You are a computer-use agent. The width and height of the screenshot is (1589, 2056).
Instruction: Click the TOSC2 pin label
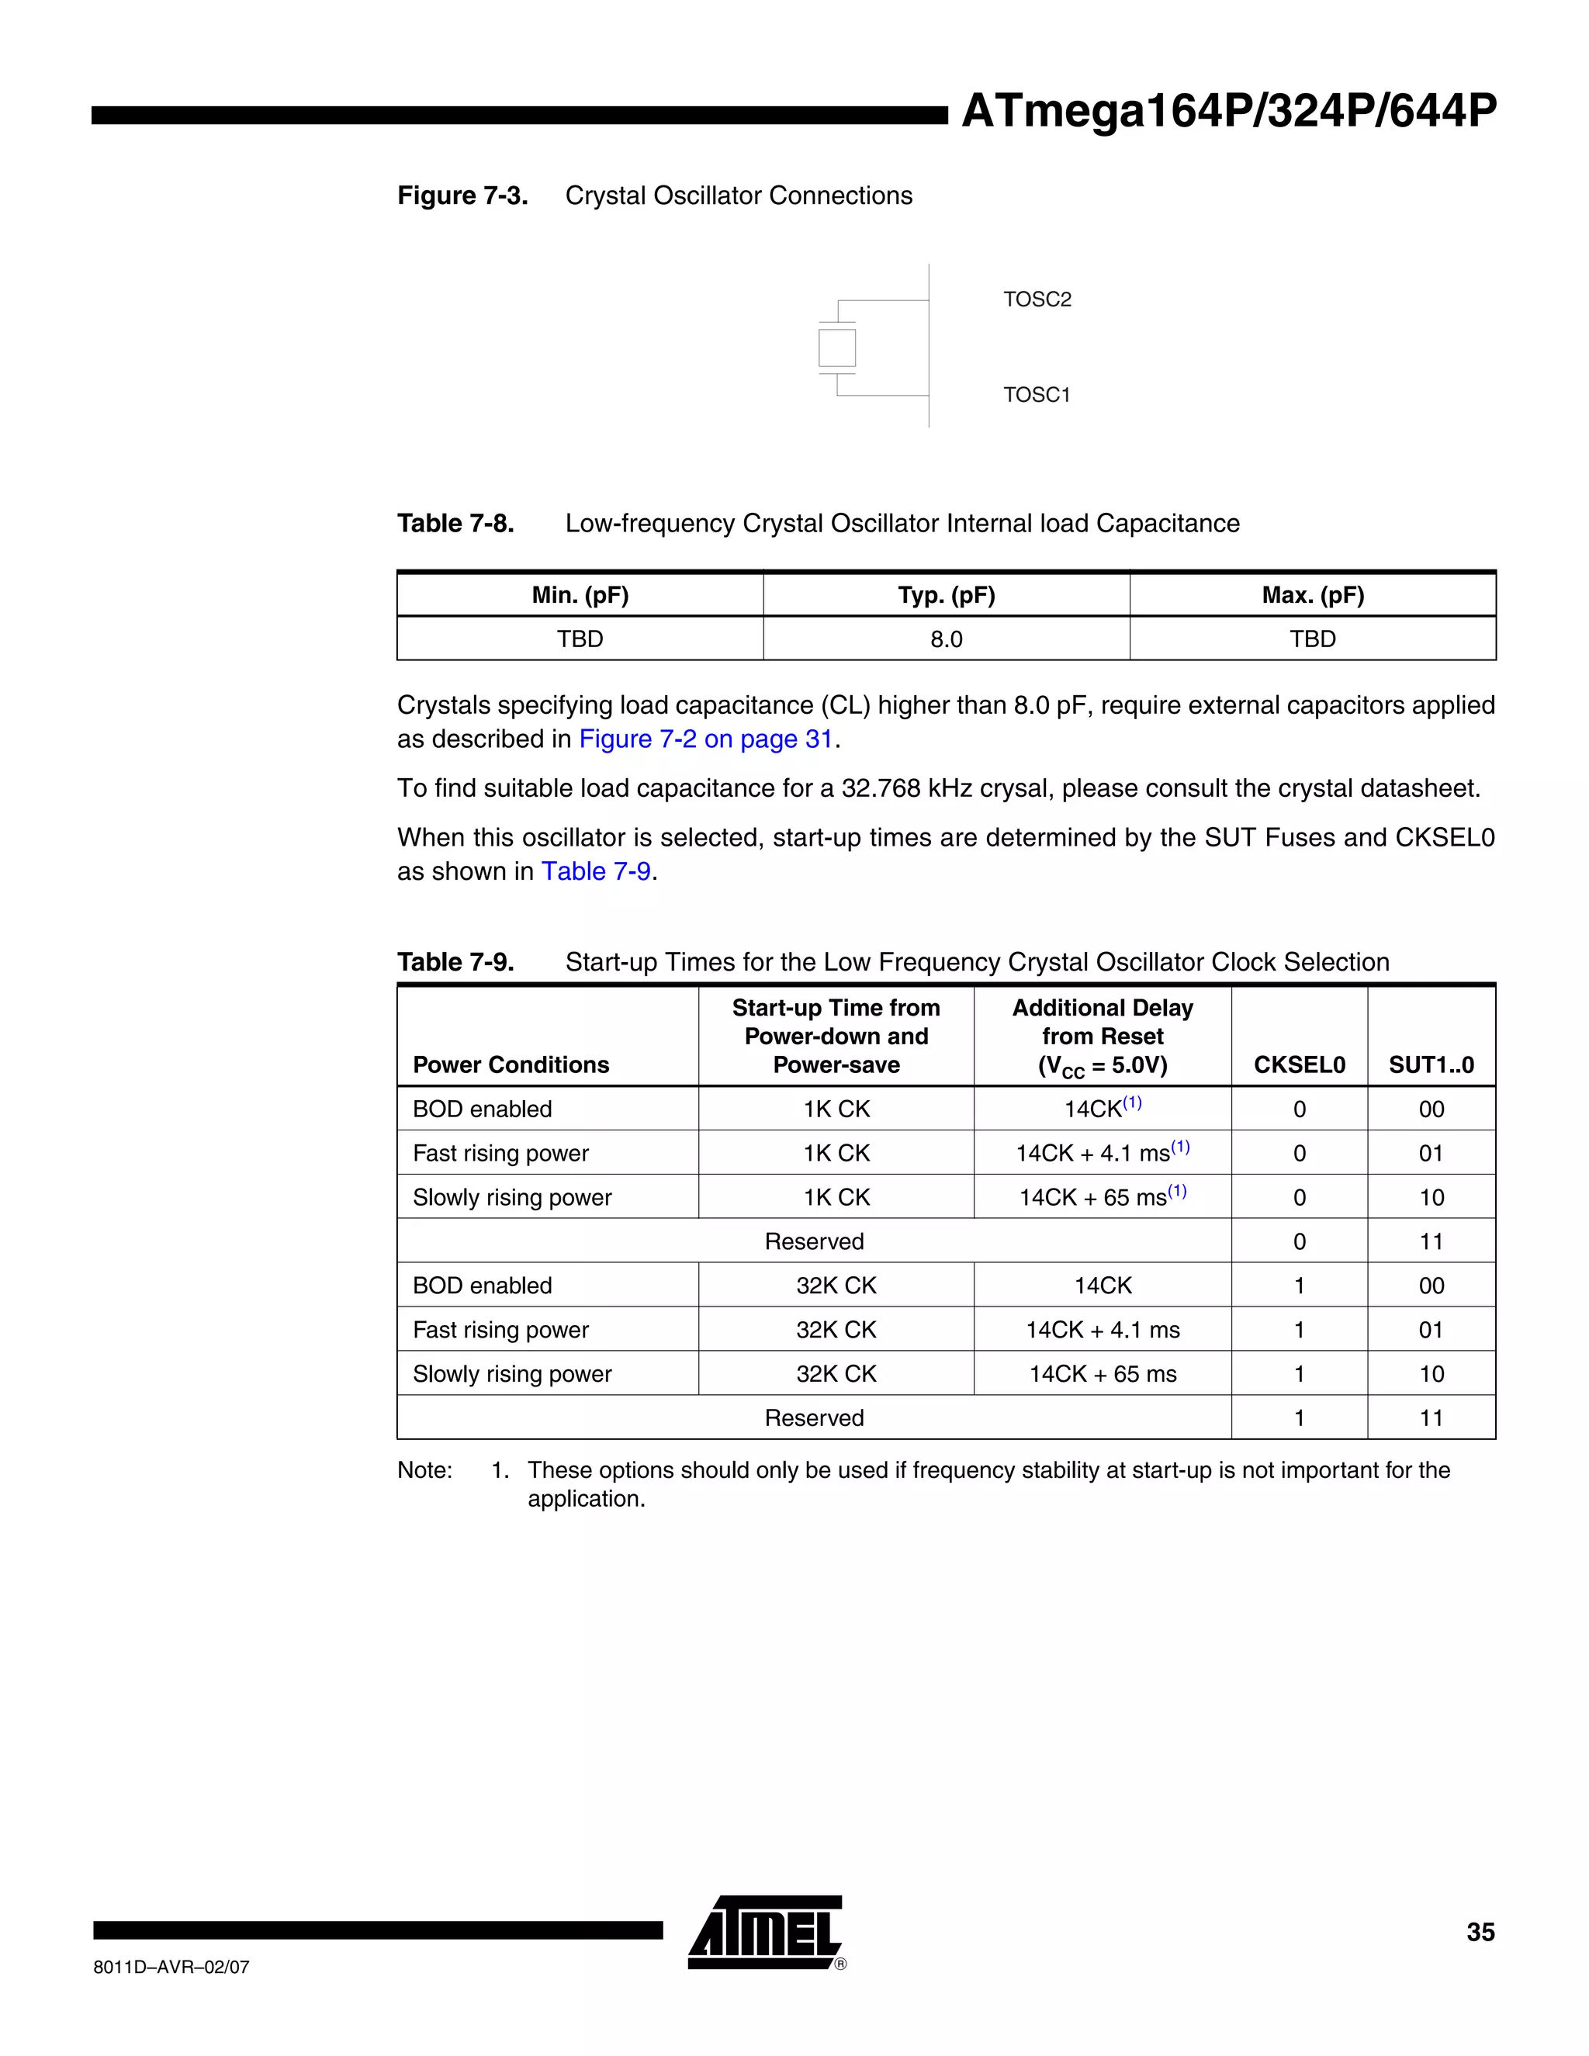coord(1037,299)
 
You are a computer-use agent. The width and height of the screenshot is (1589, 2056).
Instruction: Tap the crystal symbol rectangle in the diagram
coord(837,348)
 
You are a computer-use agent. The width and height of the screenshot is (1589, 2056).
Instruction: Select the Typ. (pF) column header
coord(946,595)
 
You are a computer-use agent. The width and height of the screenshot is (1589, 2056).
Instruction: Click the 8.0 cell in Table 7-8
coord(946,639)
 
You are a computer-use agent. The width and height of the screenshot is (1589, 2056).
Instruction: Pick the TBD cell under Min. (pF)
coord(580,639)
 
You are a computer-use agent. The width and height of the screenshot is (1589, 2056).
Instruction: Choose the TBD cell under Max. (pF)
coord(1312,639)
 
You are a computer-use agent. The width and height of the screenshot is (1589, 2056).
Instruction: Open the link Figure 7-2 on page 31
coord(706,739)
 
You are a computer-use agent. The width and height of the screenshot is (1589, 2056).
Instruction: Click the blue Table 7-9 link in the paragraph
coord(596,872)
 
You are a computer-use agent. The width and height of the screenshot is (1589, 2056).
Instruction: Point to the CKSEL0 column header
coord(1299,1064)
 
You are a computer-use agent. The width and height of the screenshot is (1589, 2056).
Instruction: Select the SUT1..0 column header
coord(1431,1064)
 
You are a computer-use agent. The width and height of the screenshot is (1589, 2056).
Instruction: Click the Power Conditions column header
coord(511,1064)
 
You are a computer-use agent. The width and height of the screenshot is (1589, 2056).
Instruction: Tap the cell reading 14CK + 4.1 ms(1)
coord(1103,1152)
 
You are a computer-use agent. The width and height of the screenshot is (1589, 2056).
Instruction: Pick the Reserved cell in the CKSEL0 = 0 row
coord(814,1241)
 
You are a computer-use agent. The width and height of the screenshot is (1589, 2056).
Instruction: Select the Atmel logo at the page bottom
coord(765,1933)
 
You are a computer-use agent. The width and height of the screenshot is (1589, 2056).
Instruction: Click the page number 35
coord(1480,1933)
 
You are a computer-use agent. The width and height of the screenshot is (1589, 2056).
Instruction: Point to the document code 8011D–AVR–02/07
coord(171,1968)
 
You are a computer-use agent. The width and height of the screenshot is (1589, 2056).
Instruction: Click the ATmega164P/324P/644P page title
coord(1228,111)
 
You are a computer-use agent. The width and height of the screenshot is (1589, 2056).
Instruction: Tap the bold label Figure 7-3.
coord(462,196)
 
